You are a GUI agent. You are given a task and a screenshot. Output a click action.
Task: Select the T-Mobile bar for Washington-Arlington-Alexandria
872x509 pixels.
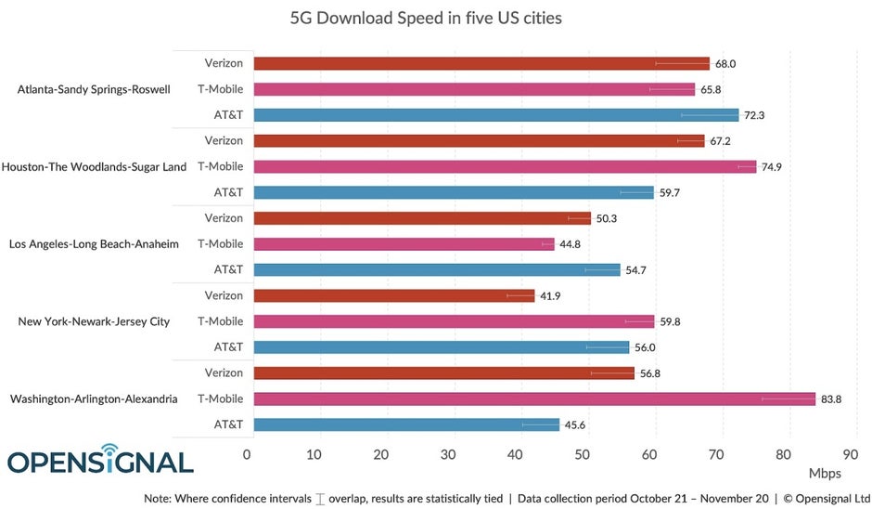[534, 398]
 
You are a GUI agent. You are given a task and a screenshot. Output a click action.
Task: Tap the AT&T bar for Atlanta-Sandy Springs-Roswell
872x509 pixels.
[496, 115]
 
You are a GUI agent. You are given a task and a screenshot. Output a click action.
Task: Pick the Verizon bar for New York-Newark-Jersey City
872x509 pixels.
[394, 295]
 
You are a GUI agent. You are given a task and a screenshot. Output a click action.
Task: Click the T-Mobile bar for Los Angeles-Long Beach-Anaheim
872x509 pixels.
[404, 244]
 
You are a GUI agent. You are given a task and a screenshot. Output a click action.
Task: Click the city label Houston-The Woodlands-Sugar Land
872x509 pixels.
[95, 167]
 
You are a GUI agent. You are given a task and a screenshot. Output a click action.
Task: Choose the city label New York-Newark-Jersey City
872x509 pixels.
[94, 321]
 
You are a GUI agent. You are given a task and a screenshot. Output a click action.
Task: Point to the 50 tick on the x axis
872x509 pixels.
[583, 455]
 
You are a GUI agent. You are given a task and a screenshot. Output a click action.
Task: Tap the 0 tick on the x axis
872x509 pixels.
[247, 455]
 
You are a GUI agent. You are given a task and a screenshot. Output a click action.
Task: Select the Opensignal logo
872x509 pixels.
[100, 461]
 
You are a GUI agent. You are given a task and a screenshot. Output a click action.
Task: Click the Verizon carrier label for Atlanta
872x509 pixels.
[224, 63]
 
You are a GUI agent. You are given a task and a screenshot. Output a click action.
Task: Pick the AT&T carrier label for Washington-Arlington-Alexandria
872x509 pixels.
[228, 424]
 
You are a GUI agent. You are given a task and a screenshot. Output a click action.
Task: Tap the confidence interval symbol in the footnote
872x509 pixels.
[321, 499]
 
